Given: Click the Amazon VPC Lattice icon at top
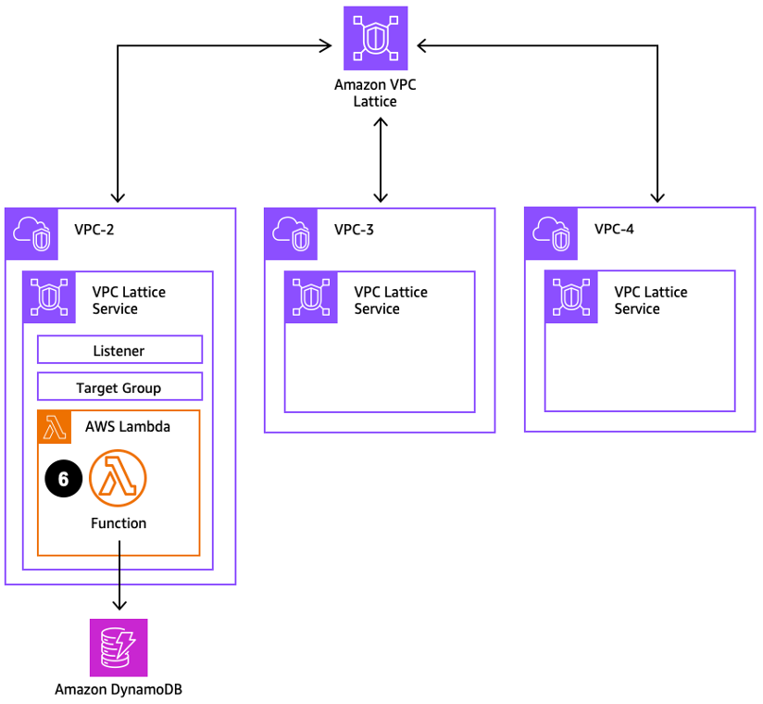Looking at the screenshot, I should coord(375,38).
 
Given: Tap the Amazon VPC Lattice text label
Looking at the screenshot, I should coord(375,93).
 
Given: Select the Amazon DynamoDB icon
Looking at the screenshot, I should coord(119,647).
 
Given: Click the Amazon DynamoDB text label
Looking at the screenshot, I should coord(119,689).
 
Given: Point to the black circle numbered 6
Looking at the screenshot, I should coord(63,479).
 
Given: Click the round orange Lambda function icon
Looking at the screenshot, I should coord(119,479).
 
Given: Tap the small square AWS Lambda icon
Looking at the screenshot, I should coord(55,427).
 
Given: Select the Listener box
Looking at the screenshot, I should coord(119,350).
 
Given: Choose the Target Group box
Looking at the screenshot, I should coord(119,387).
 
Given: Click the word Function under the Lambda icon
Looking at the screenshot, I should coord(119,523).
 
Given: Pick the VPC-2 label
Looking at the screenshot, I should coord(94,229).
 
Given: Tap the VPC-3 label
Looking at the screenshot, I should coord(355,229).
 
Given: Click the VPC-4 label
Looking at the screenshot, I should coord(615,229).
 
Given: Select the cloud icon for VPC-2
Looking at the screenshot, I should coord(29,233).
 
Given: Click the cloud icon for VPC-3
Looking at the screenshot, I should coord(289,233).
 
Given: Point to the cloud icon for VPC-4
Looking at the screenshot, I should coord(549,233).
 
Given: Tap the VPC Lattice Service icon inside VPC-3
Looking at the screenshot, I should coord(308,295).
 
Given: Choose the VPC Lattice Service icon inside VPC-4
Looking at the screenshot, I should coord(569,295).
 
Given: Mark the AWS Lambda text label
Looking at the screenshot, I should coord(128,427).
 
